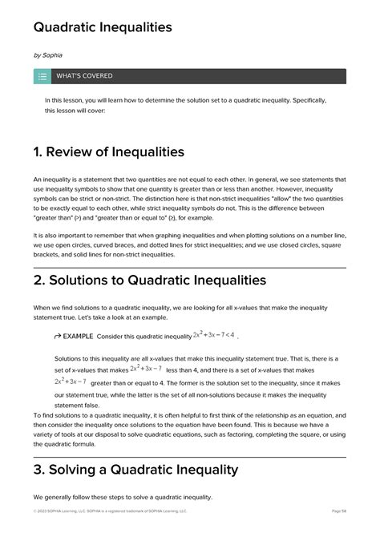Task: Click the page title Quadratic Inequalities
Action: tap(103, 27)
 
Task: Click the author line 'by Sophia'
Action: tap(46, 55)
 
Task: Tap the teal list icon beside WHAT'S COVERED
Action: tap(42, 76)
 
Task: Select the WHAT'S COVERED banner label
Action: tap(84, 76)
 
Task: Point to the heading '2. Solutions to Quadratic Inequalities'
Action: tap(149, 280)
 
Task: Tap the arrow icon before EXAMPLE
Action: tap(58, 336)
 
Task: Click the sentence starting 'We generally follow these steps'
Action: tap(123, 497)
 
